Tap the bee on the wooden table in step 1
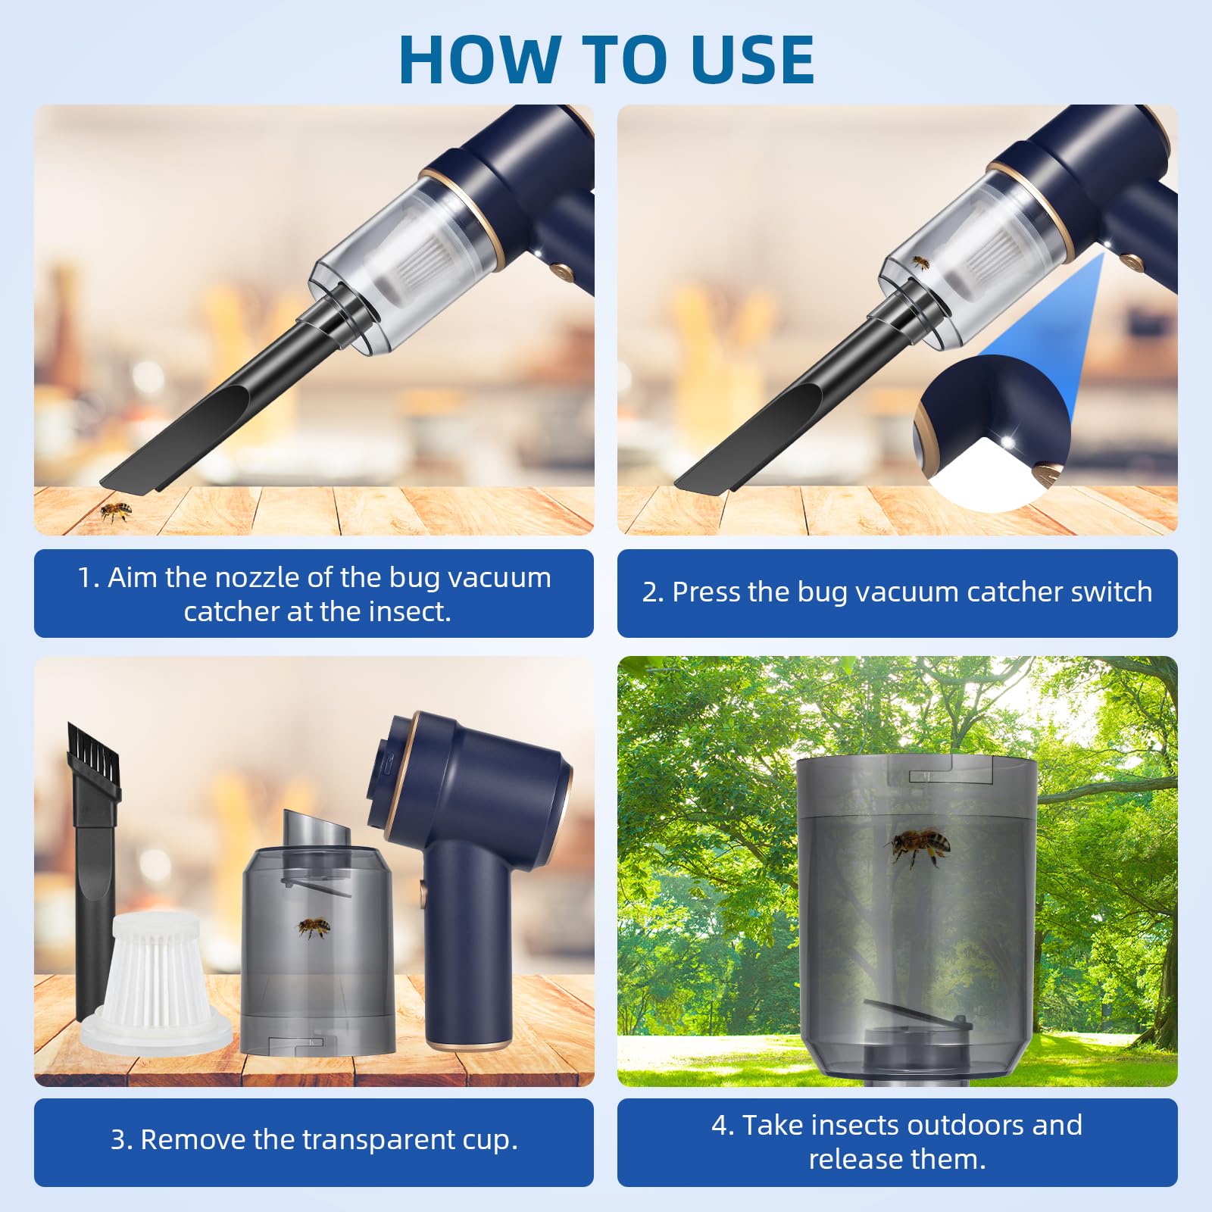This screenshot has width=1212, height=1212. [x=115, y=512]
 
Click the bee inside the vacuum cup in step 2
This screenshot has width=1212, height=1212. [x=920, y=262]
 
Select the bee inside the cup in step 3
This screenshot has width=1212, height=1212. [x=313, y=927]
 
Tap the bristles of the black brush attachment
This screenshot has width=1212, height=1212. [x=92, y=746]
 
